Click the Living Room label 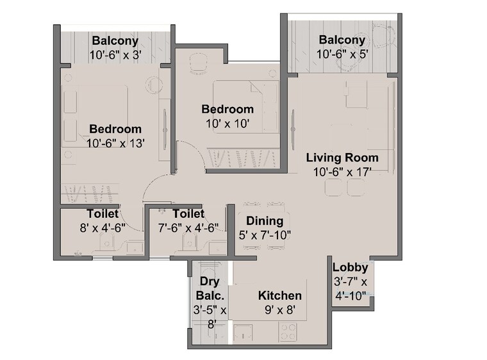coord(342,158)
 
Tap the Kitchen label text coord(279,295)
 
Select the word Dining coord(265,221)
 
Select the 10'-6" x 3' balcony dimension coord(115,54)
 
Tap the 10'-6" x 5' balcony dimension coord(342,54)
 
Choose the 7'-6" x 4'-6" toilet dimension coord(188,227)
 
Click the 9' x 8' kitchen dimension coord(279,309)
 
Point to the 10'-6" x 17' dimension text coord(342,172)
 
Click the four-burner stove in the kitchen coord(288,332)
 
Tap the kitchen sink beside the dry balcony coord(243,332)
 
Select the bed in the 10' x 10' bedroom coord(246,106)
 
